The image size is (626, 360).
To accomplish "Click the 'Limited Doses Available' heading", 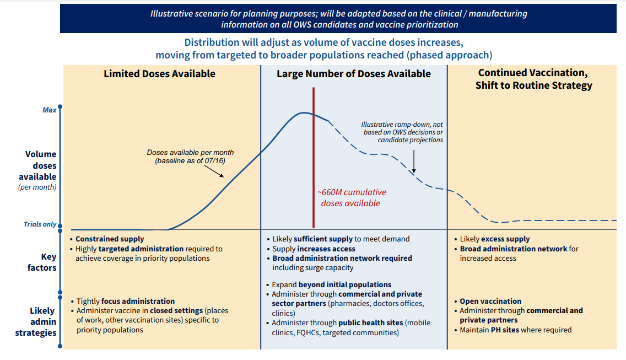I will click(159, 74).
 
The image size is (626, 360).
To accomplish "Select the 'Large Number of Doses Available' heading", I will click(354, 74).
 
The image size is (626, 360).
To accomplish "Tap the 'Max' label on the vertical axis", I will click(50, 110).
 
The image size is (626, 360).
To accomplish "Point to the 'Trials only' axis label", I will click(40, 224).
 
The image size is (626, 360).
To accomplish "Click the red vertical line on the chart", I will click(314, 165).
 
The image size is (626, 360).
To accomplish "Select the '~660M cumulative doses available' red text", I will click(351, 198).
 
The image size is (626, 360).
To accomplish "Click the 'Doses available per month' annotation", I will click(190, 156).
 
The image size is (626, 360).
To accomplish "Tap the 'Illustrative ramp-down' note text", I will click(402, 132).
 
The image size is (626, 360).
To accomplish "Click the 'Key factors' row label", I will click(42, 262).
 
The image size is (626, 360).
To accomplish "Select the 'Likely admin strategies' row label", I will click(42, 322).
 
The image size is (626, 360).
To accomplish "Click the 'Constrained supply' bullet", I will click(110, 239).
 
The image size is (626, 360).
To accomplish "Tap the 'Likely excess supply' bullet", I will click(494, 239).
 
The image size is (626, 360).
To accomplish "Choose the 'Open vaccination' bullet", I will click(490, 302).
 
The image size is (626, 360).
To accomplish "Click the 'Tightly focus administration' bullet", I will click(125, 302).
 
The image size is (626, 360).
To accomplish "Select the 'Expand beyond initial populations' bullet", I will click(331, 285).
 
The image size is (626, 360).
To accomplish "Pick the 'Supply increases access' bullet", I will click(314, 249).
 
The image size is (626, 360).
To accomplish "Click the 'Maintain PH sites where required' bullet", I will click(516, 330).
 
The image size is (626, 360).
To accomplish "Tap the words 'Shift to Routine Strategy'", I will click(534, 85).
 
